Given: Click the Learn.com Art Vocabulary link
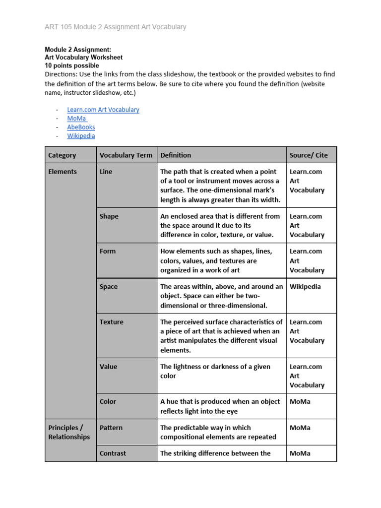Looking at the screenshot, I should coord(103,110).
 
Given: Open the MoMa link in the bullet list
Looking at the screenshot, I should coord(77,119).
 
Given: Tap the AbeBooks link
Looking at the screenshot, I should coord(81,127).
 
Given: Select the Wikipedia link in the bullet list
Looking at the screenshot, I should coord(81,136).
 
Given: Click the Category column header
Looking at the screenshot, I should coord(62,155).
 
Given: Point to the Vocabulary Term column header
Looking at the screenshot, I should coord(126,155).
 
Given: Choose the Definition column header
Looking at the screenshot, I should coord(176,155).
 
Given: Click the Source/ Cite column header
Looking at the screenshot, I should coord(309,155).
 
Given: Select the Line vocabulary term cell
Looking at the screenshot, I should coord(106,172).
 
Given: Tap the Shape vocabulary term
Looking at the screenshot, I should coord(109,216).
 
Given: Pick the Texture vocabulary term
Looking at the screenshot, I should coord(111,322).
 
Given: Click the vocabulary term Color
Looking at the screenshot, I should coord(108,402).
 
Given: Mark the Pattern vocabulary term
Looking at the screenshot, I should coord(111,428).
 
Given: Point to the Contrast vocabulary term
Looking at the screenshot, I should coord(113,453).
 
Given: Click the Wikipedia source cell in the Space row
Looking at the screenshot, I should coord(305,287).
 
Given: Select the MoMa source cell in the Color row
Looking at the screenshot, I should coord(300,402).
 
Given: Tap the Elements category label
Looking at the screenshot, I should coord(63,172).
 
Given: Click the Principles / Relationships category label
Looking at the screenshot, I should coord(69,432).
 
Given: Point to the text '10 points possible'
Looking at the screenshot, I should coord(72,65).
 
